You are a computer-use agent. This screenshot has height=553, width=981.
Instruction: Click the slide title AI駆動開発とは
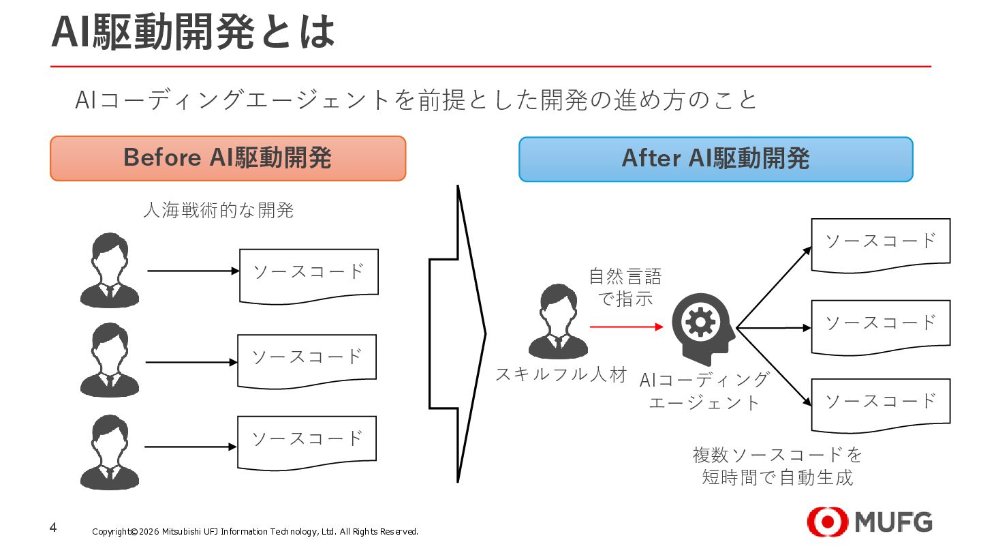(x=193, y=31)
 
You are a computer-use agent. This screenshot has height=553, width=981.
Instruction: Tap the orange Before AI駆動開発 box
(x=228, y=158)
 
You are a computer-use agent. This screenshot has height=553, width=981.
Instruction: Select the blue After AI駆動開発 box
(x=715, y=159)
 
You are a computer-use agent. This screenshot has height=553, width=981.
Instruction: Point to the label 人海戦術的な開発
(x=219, y=210)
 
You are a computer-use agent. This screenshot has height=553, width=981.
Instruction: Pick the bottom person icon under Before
(x=109, y=452)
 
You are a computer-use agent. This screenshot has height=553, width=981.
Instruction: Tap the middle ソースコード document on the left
(x=307, y=359)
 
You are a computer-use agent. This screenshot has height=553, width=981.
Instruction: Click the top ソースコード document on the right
(x=880, y=243)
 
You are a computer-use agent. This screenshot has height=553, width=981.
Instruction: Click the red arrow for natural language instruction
(x=626, y=327)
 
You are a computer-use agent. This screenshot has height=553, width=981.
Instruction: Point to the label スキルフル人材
(x=561, y=374)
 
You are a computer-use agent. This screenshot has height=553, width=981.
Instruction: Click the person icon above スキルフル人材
(x=558, y=321)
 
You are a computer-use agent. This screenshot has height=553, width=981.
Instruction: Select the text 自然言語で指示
(x=625, y=288)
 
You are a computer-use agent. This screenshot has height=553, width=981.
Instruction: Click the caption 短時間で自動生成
(x=777, y=477)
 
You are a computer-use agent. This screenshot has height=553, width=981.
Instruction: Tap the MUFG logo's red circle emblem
(x=827, y=522)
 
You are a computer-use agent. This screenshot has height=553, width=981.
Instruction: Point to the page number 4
(x=53, y=528)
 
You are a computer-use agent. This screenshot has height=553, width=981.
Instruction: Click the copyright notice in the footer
(x=255, y=532)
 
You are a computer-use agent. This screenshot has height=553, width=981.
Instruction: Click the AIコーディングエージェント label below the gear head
(x=704, y=391)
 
